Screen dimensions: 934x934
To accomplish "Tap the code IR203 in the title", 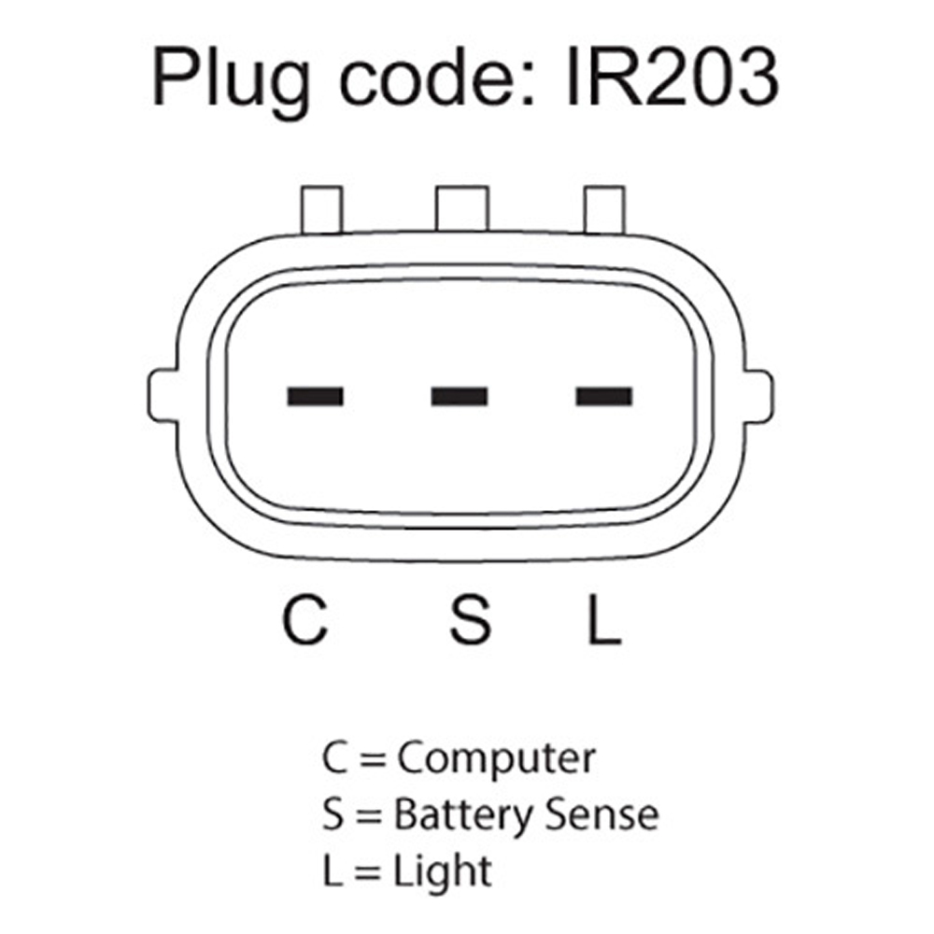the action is (672, 78).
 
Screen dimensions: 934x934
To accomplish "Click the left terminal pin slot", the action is (315, 396).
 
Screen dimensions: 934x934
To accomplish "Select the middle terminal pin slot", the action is (460, 396).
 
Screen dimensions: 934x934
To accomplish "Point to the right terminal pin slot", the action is (603, 396).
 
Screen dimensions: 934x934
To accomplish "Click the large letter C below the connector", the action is (305, 620).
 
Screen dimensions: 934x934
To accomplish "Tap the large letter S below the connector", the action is (470, 620).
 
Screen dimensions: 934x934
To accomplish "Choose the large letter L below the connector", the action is (604, 620).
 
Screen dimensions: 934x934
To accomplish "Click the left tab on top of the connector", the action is (321, 209).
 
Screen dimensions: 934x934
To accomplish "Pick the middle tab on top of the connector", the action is (462, 208).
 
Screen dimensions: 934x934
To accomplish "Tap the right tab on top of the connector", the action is (604, 209).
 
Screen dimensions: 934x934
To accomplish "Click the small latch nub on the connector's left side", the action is (162, 396).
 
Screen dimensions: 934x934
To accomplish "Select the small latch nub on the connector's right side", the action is (758, 396).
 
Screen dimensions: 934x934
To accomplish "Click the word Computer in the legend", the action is (496, 759).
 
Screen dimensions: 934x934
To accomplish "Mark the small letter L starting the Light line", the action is (333, 870).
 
